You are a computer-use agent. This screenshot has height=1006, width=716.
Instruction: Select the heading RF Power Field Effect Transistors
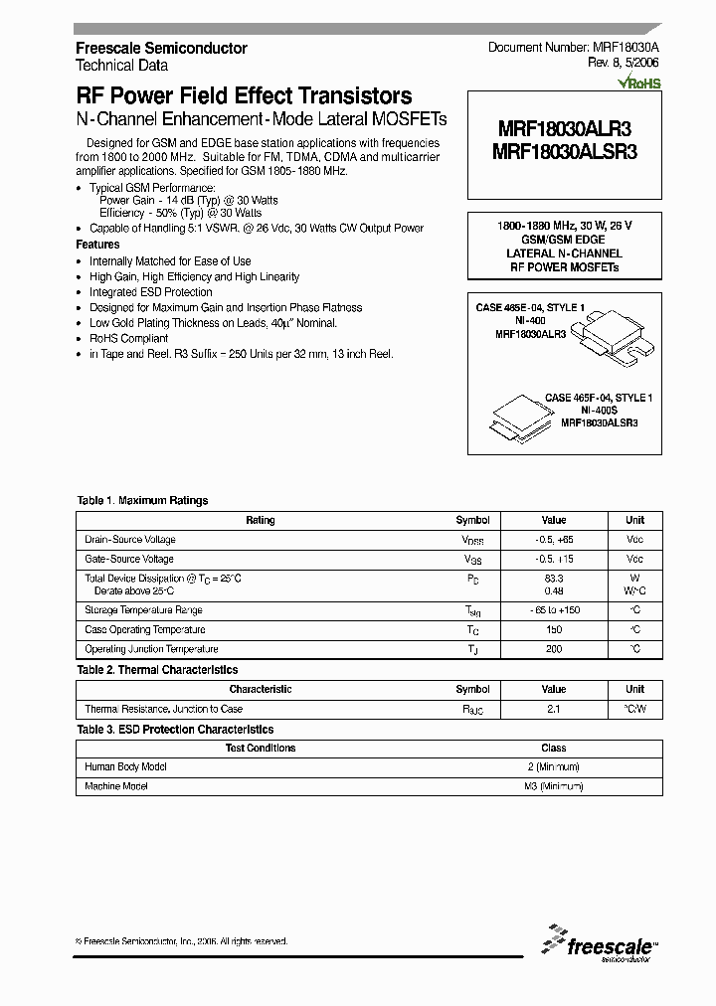point(244,96)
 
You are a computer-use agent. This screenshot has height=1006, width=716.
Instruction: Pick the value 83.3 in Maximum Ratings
point(554,578)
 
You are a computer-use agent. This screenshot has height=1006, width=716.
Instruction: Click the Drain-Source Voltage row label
point(130,540)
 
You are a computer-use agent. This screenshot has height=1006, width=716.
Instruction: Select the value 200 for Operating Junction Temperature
point(554,649)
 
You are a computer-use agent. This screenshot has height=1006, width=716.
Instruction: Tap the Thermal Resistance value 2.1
point(554,709)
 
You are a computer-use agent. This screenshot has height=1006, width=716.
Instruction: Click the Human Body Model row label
point(126,766)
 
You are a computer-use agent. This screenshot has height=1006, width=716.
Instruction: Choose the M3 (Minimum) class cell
point(554,786)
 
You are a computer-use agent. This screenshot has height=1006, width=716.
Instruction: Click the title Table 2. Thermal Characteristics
point(157,670)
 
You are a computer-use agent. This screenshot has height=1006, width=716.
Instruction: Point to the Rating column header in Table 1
point(261,520)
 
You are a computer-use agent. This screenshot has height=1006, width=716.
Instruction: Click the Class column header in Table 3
point(554,748)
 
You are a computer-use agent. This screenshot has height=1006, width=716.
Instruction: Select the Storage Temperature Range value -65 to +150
point(554,610)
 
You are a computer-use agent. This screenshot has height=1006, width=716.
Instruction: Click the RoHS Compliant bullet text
point(129,338)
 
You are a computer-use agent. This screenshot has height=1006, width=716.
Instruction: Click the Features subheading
point(97,245)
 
